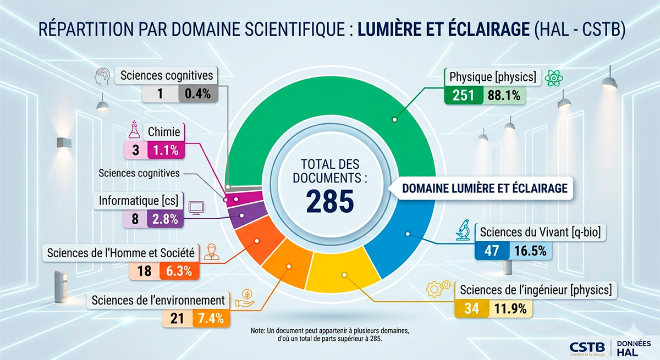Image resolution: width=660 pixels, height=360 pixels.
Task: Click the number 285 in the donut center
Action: [330, 202]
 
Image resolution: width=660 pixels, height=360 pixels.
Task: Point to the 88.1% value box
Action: [504, 96]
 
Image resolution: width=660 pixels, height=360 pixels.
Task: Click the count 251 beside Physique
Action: [464, 96]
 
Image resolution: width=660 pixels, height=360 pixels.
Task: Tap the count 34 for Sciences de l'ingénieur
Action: [471, 308]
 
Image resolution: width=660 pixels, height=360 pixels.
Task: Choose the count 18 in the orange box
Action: [145, 271]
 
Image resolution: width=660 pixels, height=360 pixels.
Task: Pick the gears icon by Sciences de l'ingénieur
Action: [438, 290]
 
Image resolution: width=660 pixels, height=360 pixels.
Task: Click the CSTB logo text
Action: [586, 346]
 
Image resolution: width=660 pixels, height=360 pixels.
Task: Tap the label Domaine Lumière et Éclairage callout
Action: [485, 188]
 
